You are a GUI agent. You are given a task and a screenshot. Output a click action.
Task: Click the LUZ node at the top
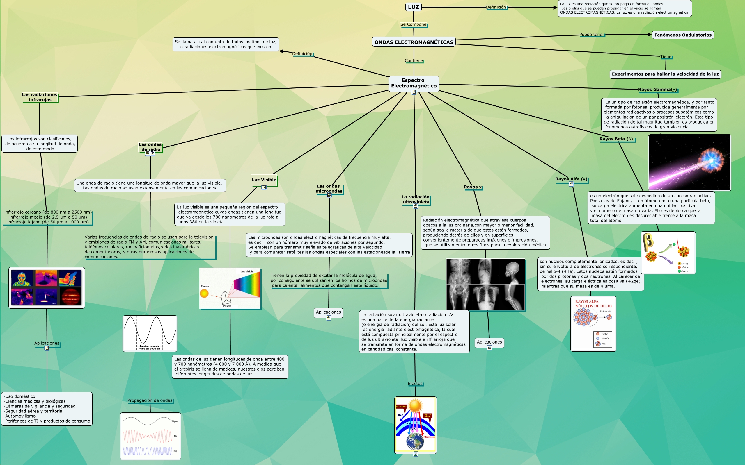click(x=413, y=7)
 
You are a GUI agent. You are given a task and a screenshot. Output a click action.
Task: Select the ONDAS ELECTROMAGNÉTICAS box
click(x=414, y=42)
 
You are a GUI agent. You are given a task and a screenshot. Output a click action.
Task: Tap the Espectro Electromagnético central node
click(x=414, y=83)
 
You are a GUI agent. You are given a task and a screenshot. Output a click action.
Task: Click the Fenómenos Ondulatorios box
click(x=682, y=35)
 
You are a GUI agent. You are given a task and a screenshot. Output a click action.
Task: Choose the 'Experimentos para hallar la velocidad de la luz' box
click(x=665, y=74)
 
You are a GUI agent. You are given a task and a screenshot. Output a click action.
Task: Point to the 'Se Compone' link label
click(x=413, y=24)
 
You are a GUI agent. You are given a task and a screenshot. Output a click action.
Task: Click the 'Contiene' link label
click(x=414, y=60)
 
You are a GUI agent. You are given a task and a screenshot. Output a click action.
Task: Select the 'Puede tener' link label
click(x=591, y=35)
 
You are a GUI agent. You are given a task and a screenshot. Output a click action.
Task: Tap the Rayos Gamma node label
click(x=657, y=90)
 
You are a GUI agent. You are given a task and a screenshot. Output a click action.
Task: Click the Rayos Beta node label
click(x=616, y=139)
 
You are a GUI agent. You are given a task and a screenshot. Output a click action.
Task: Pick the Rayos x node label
click(x=473, y=187)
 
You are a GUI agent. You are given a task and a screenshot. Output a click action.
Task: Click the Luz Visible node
click(x=264, y=180)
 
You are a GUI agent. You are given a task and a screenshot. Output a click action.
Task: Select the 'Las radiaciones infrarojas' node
click(x=39, y=97)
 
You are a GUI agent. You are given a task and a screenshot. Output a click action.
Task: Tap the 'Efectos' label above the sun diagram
click(x=415, y=384)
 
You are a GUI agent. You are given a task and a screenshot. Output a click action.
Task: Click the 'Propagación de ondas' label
click(x=150, y=400)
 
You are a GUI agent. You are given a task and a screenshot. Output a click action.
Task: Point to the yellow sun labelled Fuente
click(x=204, y=294)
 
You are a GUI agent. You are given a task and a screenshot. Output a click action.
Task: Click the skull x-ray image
click(x=512, y=271)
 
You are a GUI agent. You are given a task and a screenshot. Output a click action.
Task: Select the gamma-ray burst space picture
click(x=689, y=163)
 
